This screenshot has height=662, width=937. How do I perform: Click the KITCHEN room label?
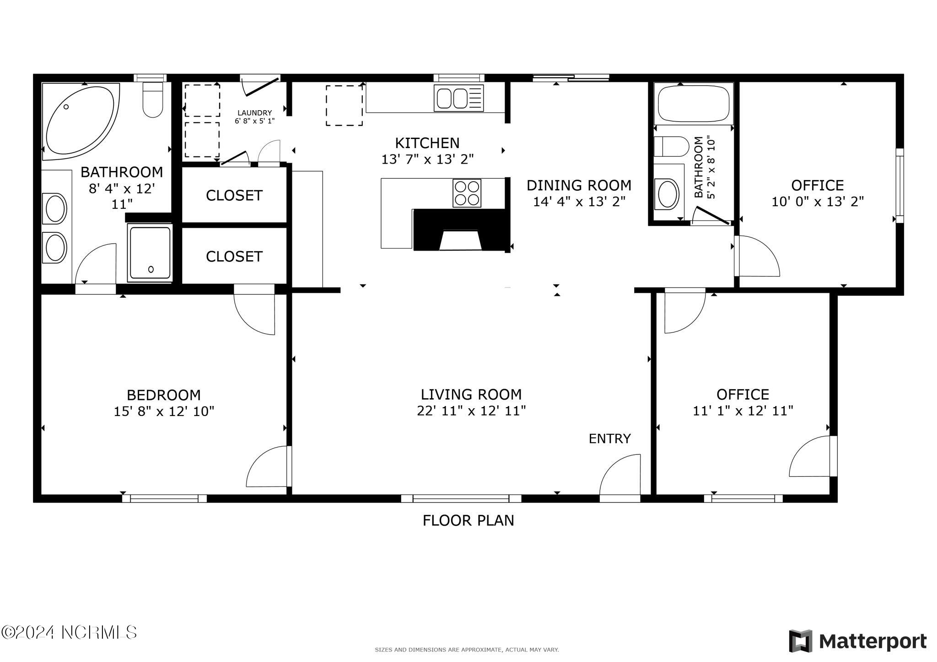tap(427, 143)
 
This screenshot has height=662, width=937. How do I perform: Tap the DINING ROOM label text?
tap(579, 185)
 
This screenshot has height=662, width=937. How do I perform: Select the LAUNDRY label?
tap(254, 113)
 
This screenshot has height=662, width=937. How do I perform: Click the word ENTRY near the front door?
tap(609, 438)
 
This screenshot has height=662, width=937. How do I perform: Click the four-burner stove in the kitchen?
tap(467, 193)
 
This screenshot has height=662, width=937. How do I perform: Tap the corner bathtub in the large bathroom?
tap(81, 121)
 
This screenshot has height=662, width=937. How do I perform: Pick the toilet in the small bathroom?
tap(671, 147)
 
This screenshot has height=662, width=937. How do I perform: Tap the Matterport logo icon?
tap(800, 641)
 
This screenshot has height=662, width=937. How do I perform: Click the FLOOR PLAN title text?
tap(468, 520)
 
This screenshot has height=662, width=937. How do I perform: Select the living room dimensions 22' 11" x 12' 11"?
tap(471, 411)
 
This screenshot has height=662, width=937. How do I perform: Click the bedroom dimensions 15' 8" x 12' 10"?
tap(164, 411)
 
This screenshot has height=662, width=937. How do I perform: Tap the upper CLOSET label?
tap(234, 195)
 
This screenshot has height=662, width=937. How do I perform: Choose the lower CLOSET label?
tap(234, 256)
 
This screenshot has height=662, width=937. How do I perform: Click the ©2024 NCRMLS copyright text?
tap(69, 632)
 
